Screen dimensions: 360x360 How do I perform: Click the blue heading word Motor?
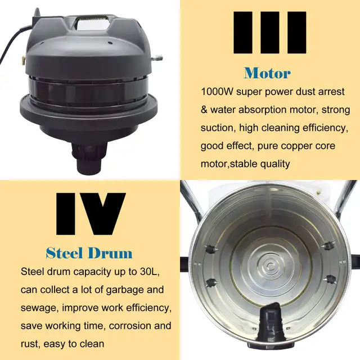(x=267, y=73)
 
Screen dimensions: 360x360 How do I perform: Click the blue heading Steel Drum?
(x=88, y=252)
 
